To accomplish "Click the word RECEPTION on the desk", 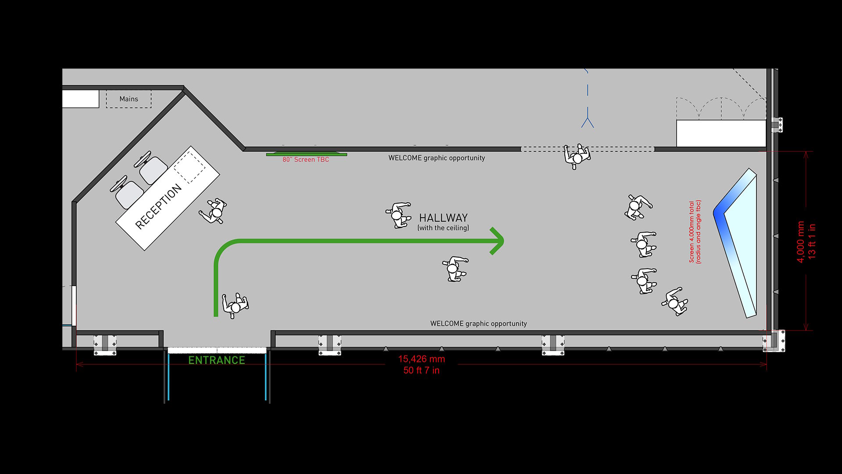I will (x=158, y=207).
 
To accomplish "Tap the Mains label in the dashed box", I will (x=128, y=99).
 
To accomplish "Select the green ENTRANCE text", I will (x=217, y=360).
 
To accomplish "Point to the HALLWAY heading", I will (x=443, y=218).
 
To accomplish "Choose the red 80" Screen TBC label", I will (x=306, y=160).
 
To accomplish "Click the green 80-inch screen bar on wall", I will (x=307, y=154).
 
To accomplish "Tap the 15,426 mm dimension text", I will (x=421, y=359).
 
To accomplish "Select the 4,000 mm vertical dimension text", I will (x=800, y=242).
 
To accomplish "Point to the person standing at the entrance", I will (x=235, y=304).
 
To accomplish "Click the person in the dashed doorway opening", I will (x=577, y=156).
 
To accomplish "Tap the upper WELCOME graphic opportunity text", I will (x=436, y=158).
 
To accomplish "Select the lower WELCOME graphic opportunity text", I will (x=478, y=324).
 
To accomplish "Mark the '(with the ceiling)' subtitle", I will (x=443, y=228).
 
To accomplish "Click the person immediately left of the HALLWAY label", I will (x=398, y=215).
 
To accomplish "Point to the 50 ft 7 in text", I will (x=421, y=370).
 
